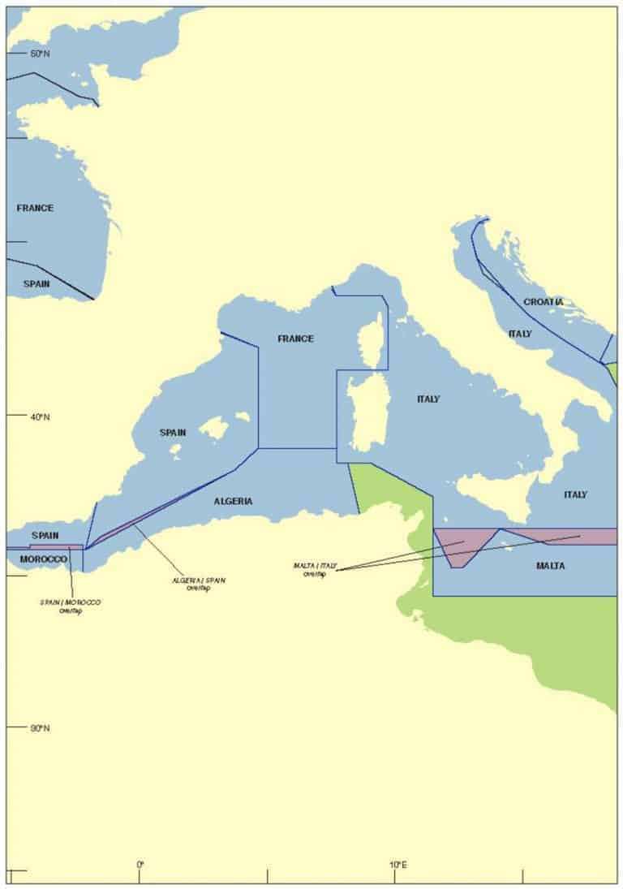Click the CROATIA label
coord(543,302)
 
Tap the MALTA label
coord(550,565)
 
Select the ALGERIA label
coord(233,501)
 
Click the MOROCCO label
coord(43,560)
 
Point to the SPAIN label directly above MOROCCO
coord(45,536)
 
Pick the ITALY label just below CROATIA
coord(520,334)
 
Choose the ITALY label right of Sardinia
coord(428,399)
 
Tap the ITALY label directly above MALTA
coord(575,494)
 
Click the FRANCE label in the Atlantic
coord(35,208)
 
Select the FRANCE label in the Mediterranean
coord(295,339)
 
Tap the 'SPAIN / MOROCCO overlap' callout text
coord(71,606)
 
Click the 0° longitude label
coord(140,865)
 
